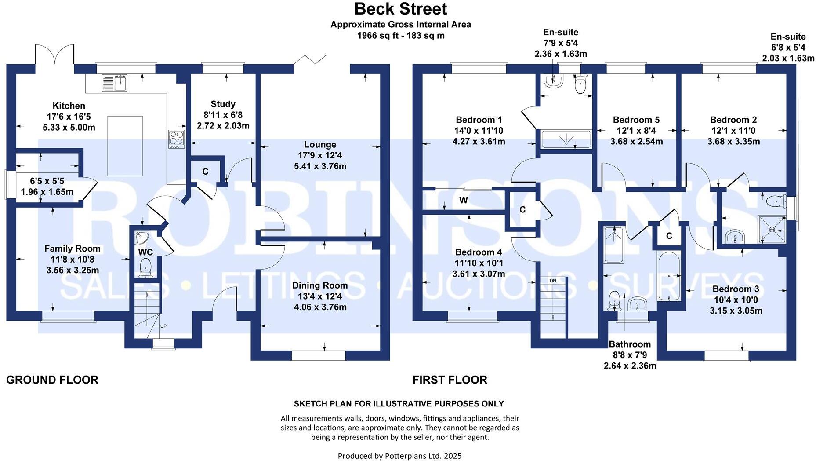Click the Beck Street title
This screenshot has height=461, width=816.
pyautogui.click(x=400, y=9)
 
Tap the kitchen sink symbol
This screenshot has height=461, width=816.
pyautogui.click(x=115, y=83)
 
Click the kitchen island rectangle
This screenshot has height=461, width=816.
pyautogui.click(x=125, y=146)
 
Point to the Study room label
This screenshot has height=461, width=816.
pyautogui.click(x=223, y=104)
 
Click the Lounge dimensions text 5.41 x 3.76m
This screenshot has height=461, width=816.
pyautogui.click(x=320, y=166)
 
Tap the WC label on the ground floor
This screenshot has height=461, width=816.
pyautogui.click(x=145, y=252)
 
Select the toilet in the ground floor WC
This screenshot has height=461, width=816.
pyautogui.click(x=145, y=267)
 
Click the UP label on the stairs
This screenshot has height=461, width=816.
pyautogui.click(x=163, y=326)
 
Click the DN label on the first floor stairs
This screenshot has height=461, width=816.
pyautogui.click(x=552, y=280)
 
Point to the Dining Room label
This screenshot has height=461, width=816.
pyautogui.click(x=320, y=285)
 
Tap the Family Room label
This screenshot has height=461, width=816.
pyautogui.click(x=73, y=249)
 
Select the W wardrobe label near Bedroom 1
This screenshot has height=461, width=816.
pyautogui.click(x=463, y=201)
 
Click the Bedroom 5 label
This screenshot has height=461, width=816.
pyautogui.click(x=636, y=120)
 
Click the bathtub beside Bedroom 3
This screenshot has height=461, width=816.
pyautogui.click(x=668, y=276)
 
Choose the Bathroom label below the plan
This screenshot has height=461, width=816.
pyautogui.click(x=629, y=344)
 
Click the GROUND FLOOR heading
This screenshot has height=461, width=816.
pyautogui.click(x=52, y=380)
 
